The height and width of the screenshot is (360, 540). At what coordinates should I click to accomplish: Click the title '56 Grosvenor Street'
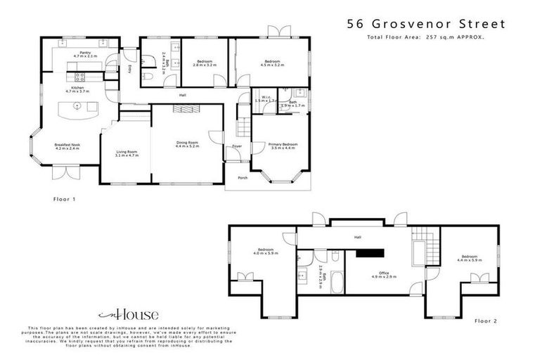425,23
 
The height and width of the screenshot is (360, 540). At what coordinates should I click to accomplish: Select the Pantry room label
85,53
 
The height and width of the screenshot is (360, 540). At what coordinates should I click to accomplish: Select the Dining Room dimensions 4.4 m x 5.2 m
187,146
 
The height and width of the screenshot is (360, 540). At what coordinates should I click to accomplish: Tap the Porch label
241,177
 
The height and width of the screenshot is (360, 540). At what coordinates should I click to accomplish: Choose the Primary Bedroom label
283,145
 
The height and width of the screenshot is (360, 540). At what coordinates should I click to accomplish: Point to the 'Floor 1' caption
64,199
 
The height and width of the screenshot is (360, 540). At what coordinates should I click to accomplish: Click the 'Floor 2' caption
485,321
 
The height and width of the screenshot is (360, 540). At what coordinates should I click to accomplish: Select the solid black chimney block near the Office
369,255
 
